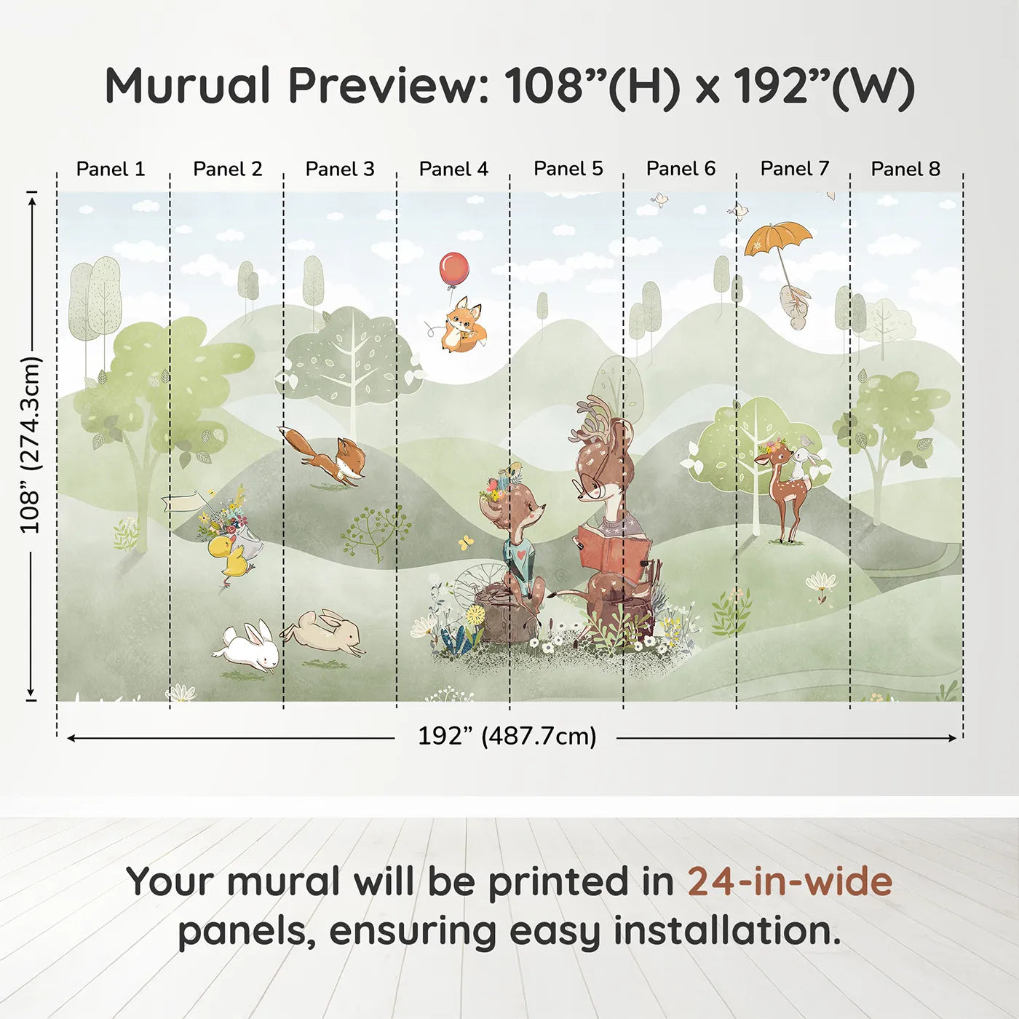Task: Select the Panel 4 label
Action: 453,169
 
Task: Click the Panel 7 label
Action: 794,168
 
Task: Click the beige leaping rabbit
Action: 323,633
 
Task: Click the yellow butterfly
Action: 465,542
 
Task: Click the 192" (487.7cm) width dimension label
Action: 507,736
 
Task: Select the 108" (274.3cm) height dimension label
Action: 31,445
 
